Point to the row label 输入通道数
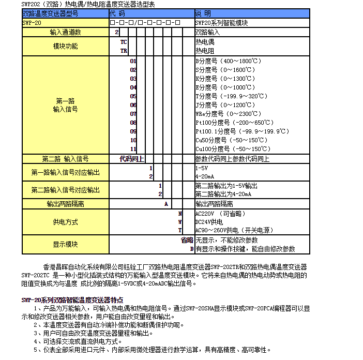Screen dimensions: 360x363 coord(65,32)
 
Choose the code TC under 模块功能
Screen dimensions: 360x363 coord(124,41)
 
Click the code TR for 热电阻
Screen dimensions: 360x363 coord(124,51)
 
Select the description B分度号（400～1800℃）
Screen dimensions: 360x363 coord(228,61)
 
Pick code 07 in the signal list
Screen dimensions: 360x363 coord(133,114)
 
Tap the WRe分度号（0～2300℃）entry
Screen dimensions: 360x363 coord(228,114)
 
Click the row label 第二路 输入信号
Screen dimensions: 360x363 coord(65,159)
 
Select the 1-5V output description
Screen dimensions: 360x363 coord(202,168)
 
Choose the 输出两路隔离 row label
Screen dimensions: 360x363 coord(65,204)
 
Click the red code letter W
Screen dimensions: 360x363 coord(180,222)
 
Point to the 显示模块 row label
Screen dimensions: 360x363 coord(65,244)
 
